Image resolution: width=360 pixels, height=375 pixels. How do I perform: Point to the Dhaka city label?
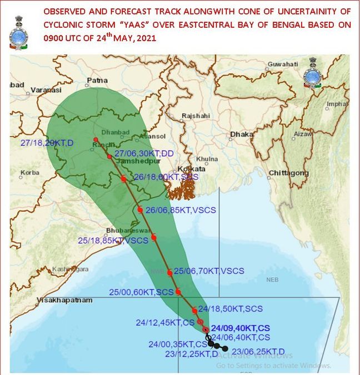click(x=242, y=134)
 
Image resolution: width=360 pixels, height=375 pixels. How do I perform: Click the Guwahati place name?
click(x=282, y=64)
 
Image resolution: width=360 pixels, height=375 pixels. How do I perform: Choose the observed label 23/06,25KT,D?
click(x=258, y=351)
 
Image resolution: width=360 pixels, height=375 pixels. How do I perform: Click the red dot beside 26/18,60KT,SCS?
click(x=123, y=179)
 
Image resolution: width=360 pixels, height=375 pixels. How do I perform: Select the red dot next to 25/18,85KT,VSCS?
click(x=154, y=238)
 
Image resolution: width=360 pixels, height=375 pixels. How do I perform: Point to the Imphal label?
click(x=338, y=104)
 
